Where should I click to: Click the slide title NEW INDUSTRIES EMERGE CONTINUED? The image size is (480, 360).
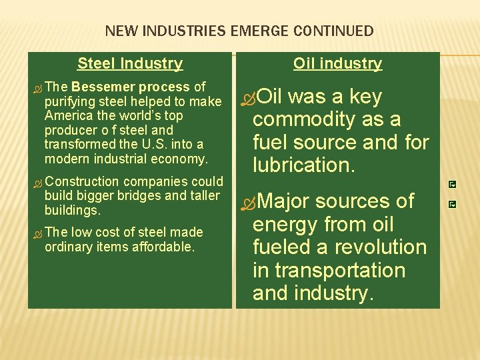pos(239,31)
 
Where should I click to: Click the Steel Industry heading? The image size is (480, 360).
pos(130,63)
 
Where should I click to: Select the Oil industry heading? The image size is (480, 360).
pos(338,63)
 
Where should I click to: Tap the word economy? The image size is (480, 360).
pos(184,159)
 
